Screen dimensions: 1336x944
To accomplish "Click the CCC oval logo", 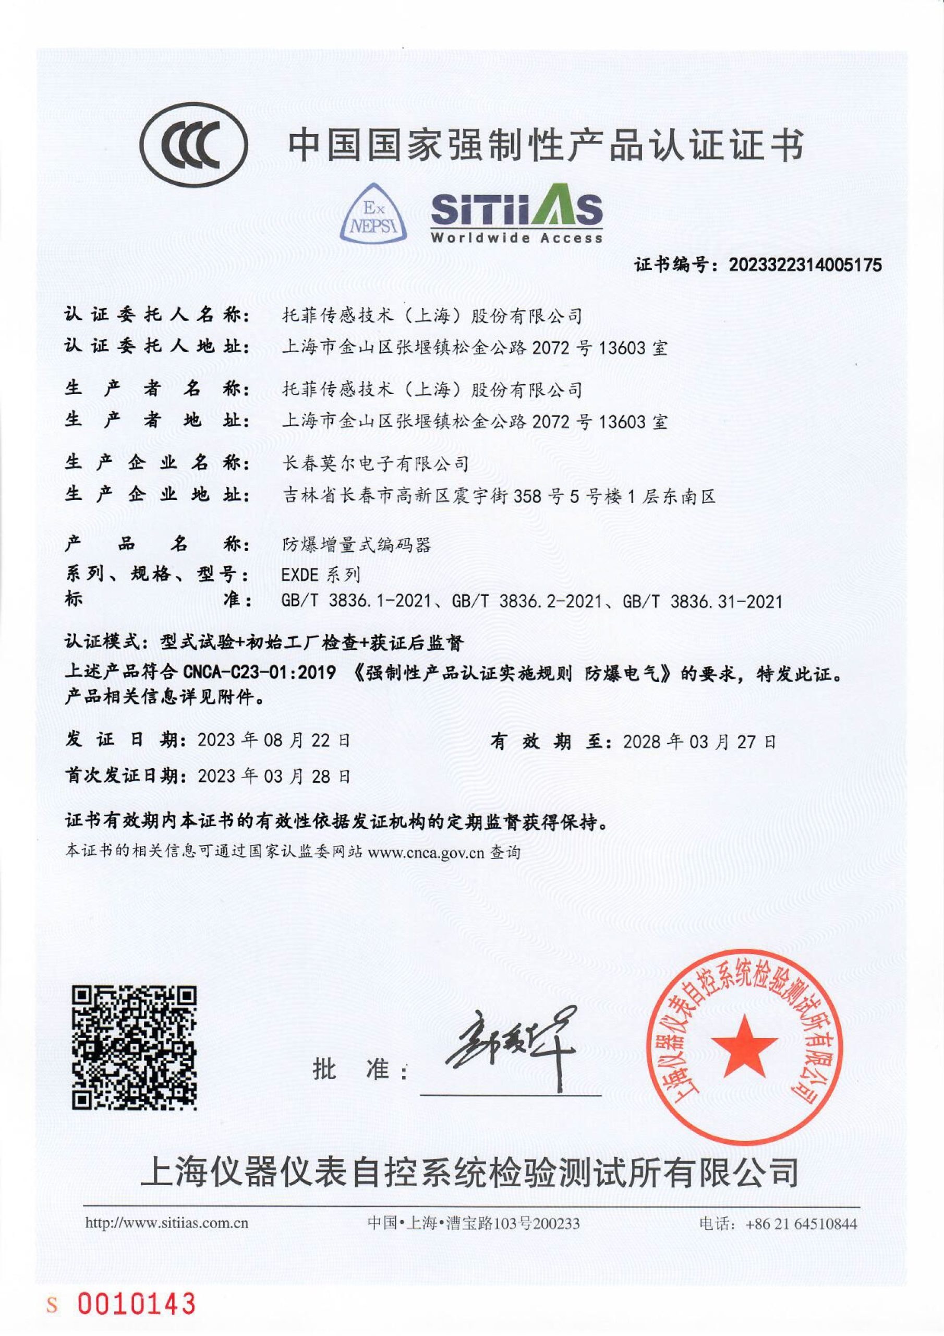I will click(194, 145).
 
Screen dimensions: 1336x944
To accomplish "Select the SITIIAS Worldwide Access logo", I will click(516, 214).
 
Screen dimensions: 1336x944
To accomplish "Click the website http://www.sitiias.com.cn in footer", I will click(167, 1223).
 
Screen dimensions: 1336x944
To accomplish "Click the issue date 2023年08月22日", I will click(274, 741).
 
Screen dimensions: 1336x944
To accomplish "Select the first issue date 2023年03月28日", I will click(274, 776).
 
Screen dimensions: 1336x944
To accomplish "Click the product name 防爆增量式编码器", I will click(356, 544).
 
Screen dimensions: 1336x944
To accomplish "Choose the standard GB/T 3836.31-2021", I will click(702, 601).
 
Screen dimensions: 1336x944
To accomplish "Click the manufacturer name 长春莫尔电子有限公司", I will click(375, 464).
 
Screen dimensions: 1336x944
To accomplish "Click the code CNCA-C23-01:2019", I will click(259, 673).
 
